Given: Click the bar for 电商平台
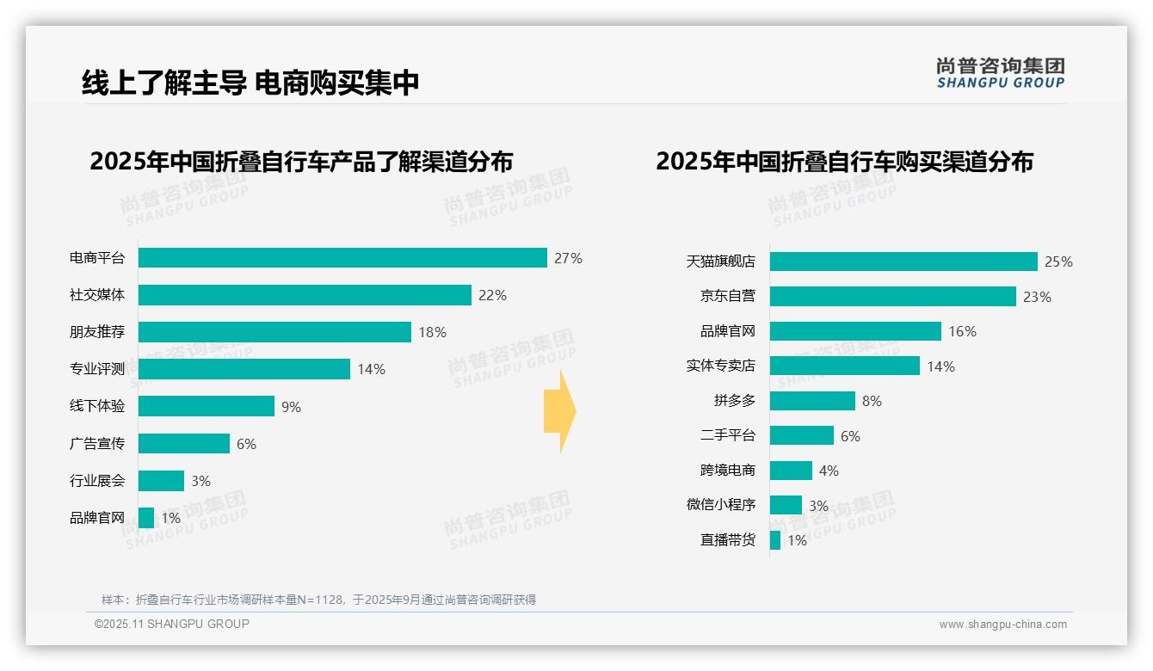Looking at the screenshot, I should pos(342,258).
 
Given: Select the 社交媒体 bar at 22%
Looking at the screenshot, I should pos(305,295).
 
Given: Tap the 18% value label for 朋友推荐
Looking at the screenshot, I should pos(432,332).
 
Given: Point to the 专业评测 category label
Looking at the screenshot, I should pos(97,369).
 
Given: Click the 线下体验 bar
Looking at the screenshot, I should pos(207,406).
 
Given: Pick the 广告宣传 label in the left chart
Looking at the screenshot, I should pos(97,443).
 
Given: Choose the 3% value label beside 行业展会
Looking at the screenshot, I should pos(200,481).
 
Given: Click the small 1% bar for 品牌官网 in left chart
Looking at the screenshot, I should pos(146,518).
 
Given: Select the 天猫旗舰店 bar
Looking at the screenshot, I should pos(903,262).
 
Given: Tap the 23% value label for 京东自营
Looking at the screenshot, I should pos(1037,297).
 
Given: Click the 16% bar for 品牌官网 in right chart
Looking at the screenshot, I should pos(855,331).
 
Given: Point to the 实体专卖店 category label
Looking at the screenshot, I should pos(720,366).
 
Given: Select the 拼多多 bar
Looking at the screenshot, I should pos(812,401).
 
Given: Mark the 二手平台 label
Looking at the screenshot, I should pos(727,435).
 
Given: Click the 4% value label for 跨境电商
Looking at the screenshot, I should pos(829,471).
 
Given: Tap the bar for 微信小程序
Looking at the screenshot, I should pos(786,505).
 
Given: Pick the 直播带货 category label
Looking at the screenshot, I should pos(727,540).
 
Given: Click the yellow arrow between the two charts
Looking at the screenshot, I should pos(559,411).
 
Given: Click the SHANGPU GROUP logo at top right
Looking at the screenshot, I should pos(1000,73).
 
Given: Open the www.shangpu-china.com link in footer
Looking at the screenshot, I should pos(1002,625).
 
